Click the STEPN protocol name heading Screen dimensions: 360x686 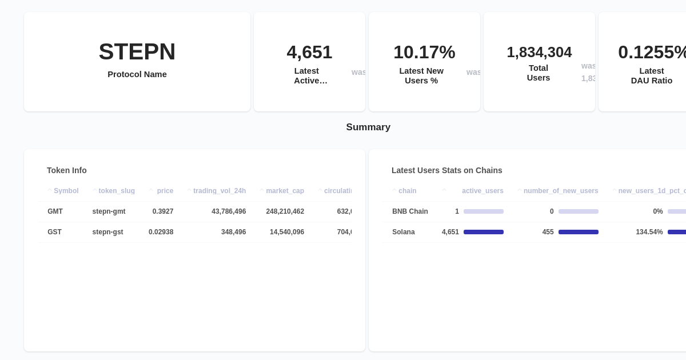pyautogui.click(x=137, y=52)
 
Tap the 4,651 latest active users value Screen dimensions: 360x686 pyautogui.click(x=309, y=52)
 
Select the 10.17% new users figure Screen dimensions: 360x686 pyautogui.click(x=424, y=52)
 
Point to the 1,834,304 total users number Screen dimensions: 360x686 pyautogui.click(x=539, y=52)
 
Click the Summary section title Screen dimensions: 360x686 pyautogui.click(x=368, y=127)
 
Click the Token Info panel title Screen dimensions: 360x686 pyautogui.click(x=67, y=170)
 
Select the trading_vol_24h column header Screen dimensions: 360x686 pyautogui.click(x=220, y=191)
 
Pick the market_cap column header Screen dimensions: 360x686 pyautogui.click(x=285, y=191)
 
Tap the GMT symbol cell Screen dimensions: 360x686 pyautogui.click(x=55, y=211)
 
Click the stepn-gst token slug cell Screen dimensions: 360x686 pyautogui.click(x=107, y=232)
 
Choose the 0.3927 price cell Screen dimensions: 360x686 pyautogui.click(x=163, y=211)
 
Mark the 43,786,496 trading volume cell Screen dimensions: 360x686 pyautogui.click(x=229, y=211)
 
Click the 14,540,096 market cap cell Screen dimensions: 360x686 pyautogui.click(x=287, y=232)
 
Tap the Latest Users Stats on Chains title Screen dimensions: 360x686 pyautogui.click(x=447, y=170)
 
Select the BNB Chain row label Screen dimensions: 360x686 pyautogui.click(x=410, y=211)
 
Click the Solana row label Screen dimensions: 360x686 pyautogui.click(x=404, y=232)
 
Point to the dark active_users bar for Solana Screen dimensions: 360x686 pyautogui.click(x=484, y=232)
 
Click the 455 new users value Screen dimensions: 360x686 pyautogui.click(x=548, y=232)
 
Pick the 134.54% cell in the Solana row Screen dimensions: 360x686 pyautogui.click(x=649, y=232)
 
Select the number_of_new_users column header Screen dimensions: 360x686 pyautogui.click(x=561, y=191)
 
